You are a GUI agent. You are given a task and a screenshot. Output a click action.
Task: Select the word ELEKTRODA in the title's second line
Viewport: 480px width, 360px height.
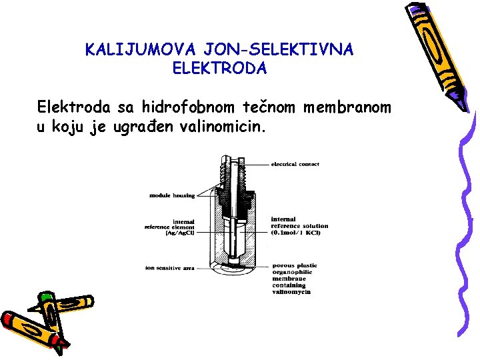(219, 68)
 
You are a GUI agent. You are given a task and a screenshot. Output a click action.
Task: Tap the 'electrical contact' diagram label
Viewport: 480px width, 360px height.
(295, 164)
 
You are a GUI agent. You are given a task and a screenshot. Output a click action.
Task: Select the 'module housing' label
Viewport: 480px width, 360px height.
(171, 195)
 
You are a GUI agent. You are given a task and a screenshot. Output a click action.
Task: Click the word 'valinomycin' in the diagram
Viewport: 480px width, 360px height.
(291, 292)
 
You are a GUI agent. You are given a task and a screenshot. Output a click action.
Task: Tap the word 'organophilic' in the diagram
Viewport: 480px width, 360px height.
(293, 272)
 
